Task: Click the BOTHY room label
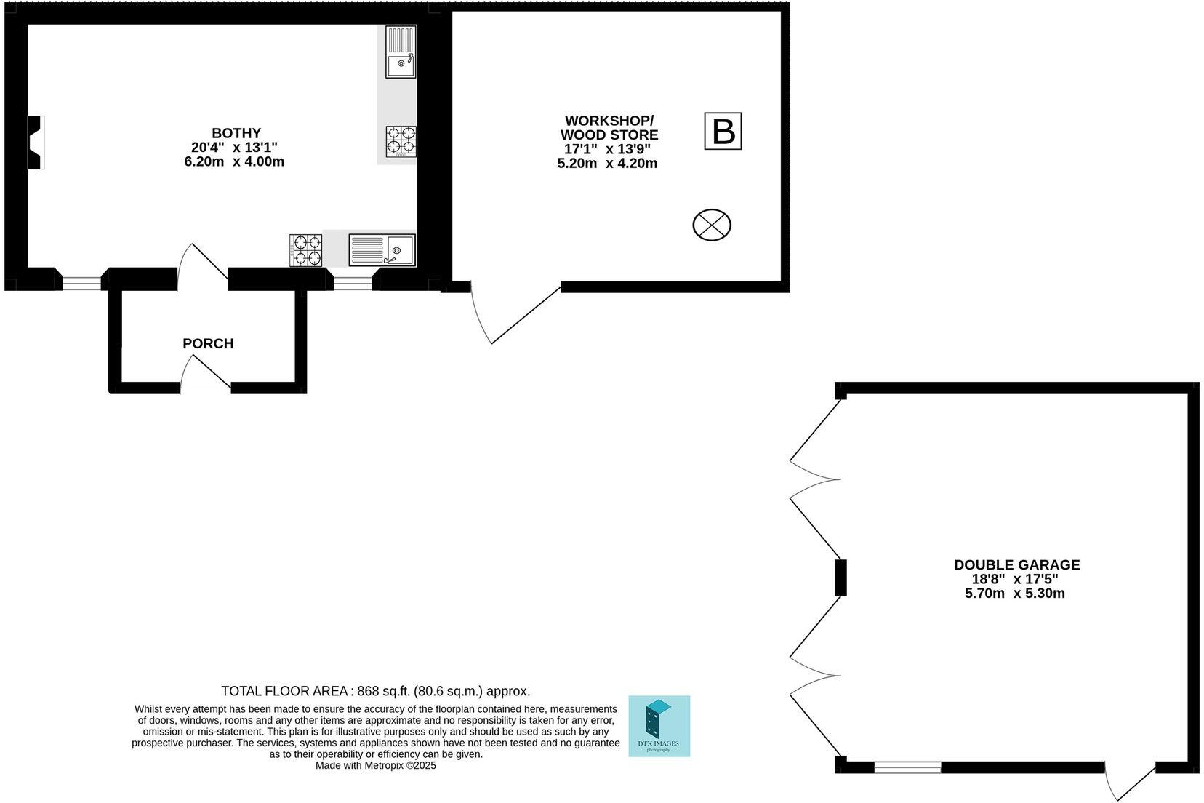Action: tap(236, 133)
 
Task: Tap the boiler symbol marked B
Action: tap(723, 132)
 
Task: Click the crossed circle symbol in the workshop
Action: tap(711, 225)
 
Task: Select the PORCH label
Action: tap(208, 343)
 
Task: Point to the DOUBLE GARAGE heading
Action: tap(1016, 564)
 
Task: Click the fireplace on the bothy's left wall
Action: tap(36, 143)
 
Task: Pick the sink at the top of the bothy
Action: tap(401, 52)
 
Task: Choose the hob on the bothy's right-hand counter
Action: tap(401, 141)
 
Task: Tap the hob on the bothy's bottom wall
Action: tap(306, 249)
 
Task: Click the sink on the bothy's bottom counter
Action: tap(382, 249)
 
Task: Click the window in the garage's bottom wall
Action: tap(907, 767)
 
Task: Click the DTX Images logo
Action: tap(659, 726)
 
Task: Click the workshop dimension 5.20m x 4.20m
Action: tap(606, 164)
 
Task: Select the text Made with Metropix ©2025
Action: tap(375, 765)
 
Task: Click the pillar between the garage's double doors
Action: tap(840, 578)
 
